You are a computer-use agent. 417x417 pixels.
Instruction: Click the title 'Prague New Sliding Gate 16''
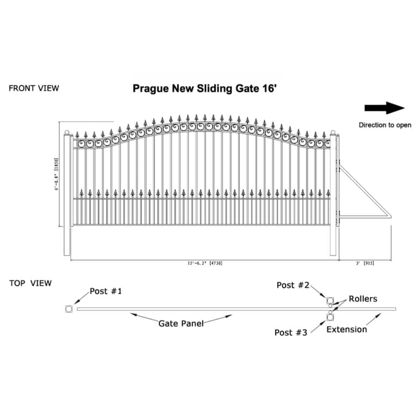click(204, 88)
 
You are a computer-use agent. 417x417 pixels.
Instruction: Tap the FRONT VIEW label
click(34, 88)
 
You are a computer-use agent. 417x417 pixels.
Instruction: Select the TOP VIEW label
click(30, 283)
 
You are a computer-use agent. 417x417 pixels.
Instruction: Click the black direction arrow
click(384, 108)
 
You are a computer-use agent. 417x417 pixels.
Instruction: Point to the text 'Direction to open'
click(385, 125)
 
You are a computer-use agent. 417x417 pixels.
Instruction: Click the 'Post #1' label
click(106, 291)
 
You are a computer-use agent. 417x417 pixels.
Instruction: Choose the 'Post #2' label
click(293, 285)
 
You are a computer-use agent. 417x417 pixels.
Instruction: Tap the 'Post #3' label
click(291, 332)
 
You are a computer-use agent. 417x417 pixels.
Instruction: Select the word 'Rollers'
click(363, 299)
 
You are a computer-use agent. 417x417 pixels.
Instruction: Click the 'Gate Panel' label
click(181, 324)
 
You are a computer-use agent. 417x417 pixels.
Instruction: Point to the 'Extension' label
click(347, 329)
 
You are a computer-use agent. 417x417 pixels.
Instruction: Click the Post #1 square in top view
click(69, 309)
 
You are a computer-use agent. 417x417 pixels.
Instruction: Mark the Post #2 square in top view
click(330, 301)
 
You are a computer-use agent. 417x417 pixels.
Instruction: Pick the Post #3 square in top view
click(330, 317)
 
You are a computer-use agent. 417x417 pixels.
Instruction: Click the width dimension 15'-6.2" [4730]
click(205, 263)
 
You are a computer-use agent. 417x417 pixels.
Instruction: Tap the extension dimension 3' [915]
click(365, 263)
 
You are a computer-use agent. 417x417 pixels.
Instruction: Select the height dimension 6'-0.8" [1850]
click(56, 174)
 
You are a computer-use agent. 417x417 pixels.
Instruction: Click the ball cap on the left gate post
click(67, 132)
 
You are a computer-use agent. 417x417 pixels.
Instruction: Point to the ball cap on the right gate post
click(333, 132)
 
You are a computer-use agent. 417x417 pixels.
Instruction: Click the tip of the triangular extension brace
click(391, 216)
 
